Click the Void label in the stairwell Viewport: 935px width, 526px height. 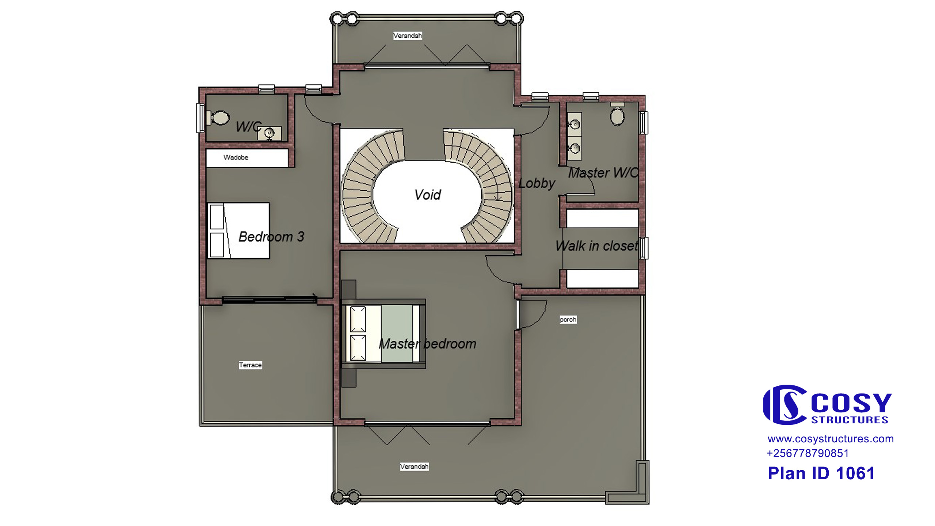pyautogui.click(x=428, y=195)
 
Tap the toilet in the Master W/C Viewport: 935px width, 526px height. pyautogui.click(x=617, y=114)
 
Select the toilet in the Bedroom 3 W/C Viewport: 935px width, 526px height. pyautogui.click(x=218, y=118)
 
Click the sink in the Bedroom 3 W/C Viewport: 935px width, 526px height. pyautogui.click(x=269, y=133)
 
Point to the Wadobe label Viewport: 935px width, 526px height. pyautogui.click(x=236, y=157)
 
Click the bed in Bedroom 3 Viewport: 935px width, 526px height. pyautogui.click(x=238, y=230)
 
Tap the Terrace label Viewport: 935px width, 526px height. pyautogui.click(x=250, y=365)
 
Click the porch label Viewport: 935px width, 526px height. pyautogui.click(x=568, y=320)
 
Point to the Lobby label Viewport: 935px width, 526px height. pyautogui.click(x=537, y=183)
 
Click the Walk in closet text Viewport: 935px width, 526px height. pyautogui.click(x=597, y=246)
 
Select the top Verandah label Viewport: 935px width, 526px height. pyautogui.click(x=408, y=36)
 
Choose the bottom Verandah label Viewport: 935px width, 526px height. pyautogui.click(x=414, y=466)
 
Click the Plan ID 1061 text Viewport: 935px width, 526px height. pyautogui.click(x=821, y=473)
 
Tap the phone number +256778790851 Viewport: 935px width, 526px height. pyautogui.click(x=808, y=453)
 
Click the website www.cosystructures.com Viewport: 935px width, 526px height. pyautogui.click(x=831, y=439)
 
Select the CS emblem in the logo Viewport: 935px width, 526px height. pyautogui.click(x=785, y=405)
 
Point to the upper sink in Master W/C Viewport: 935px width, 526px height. pyautogui.click(x=575, y=124)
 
